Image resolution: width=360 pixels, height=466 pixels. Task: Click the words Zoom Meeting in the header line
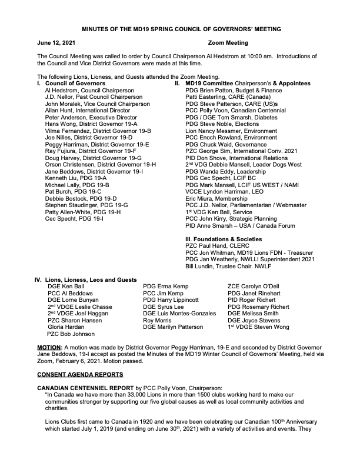(228, 43)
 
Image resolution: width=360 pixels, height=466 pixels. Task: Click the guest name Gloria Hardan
(65, 326)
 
